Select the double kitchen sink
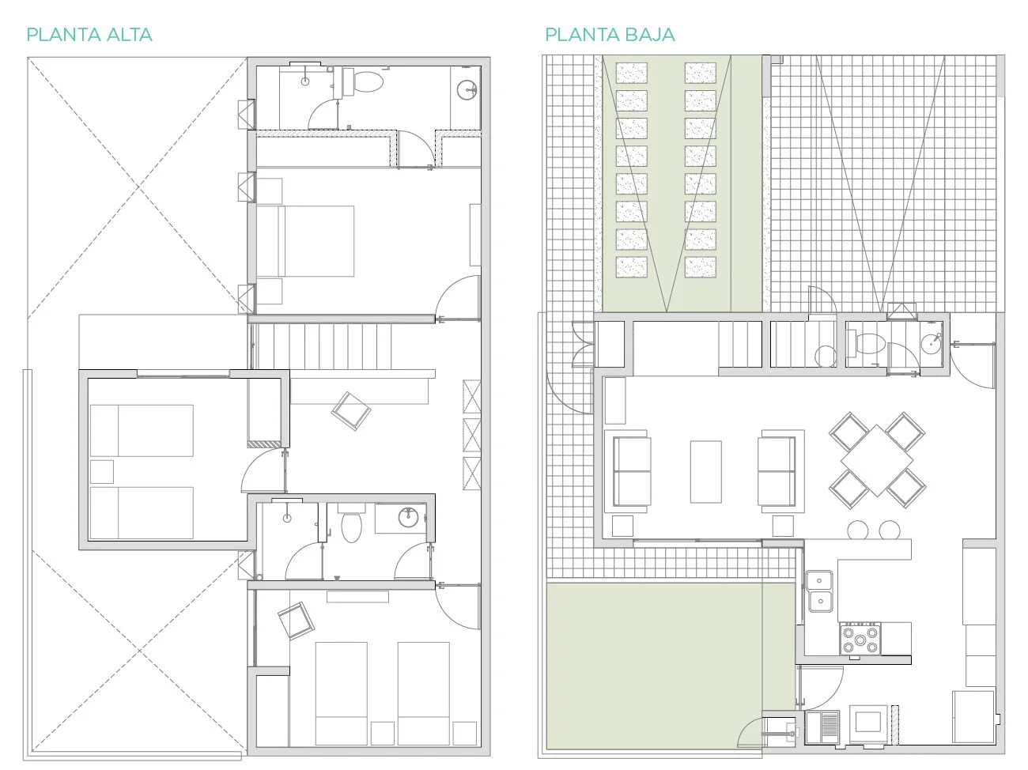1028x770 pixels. point(819,591)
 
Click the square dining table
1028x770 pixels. point(877,460)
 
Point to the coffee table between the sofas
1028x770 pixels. point(706,471)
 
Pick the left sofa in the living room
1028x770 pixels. point(631,471)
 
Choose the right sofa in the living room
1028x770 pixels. point(777,471)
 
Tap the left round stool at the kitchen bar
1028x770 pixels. point(857,530)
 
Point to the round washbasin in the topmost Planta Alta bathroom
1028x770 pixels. point(467,90)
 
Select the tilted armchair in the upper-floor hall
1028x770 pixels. point(351,411)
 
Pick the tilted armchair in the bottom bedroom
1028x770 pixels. point(296,621)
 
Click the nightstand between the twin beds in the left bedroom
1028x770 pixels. point(102,471)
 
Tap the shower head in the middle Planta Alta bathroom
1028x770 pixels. point(287,518)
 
